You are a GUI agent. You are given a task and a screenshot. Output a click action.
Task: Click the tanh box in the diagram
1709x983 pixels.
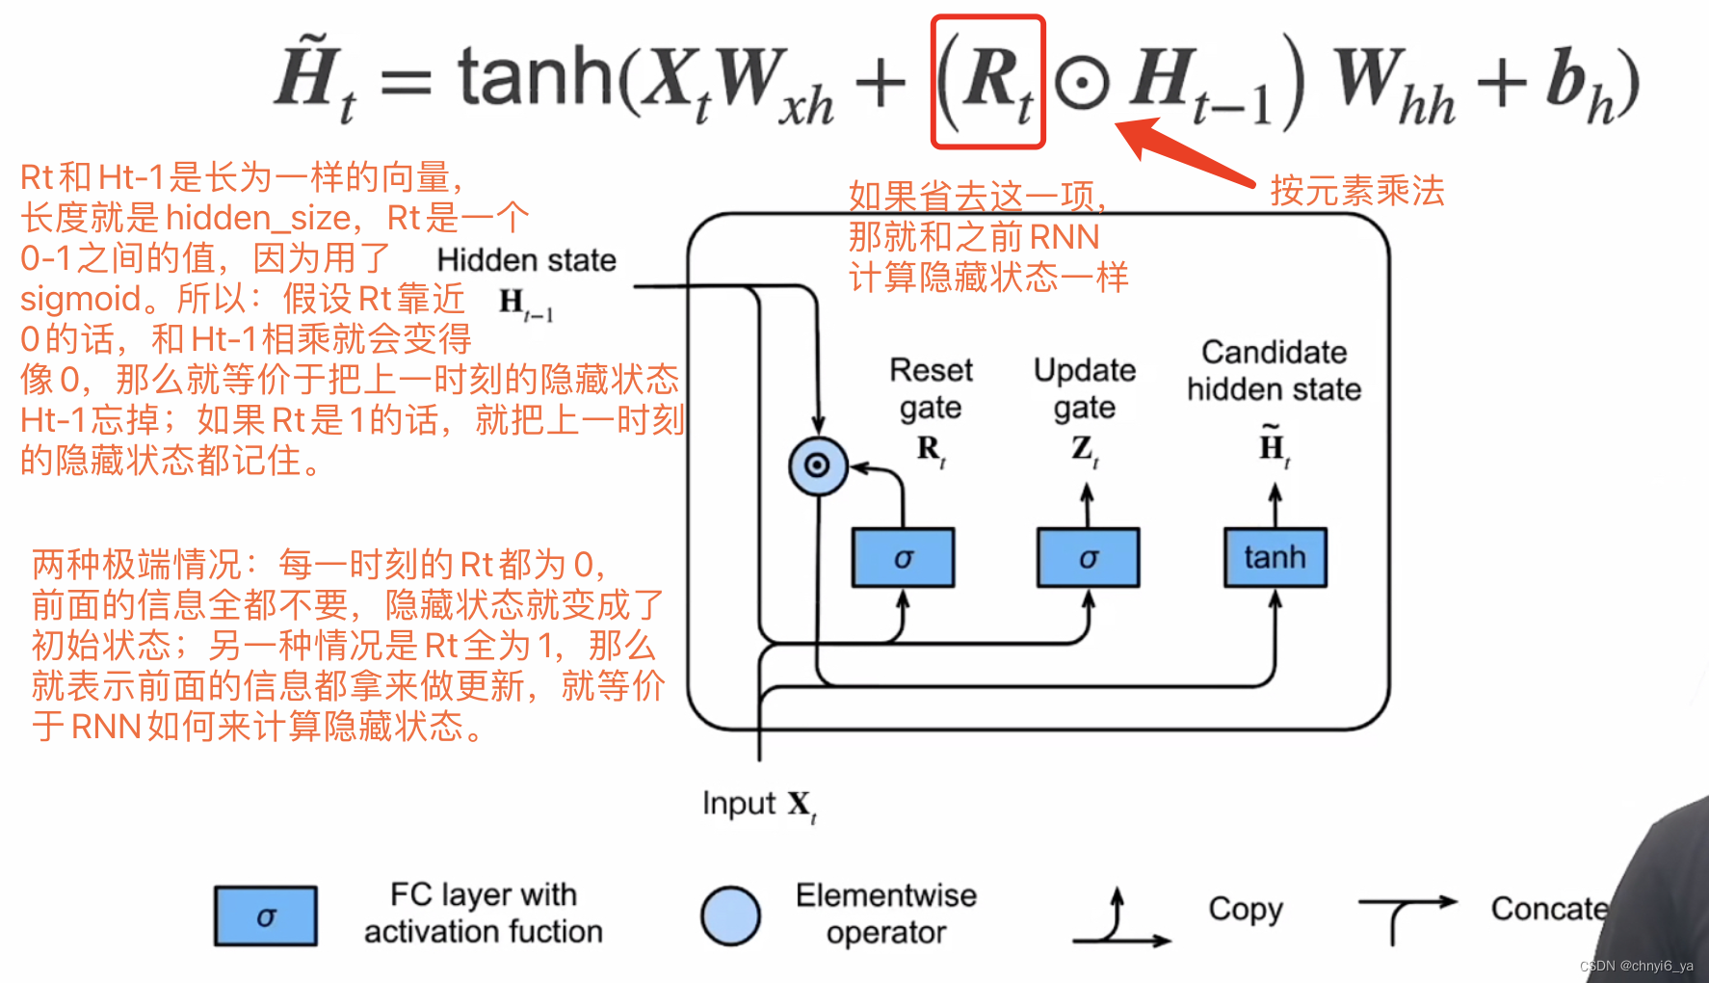click(x=1275, y=558)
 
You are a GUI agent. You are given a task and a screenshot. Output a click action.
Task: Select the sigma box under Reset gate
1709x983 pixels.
click(x=903, y=558)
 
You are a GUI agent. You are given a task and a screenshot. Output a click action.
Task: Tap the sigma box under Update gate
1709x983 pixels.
click(x=1088, y=558)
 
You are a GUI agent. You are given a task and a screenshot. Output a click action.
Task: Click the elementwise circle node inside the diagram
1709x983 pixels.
click(x=817, y=466)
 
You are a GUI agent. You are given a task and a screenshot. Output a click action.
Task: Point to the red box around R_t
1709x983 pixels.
click(x=988, y=82)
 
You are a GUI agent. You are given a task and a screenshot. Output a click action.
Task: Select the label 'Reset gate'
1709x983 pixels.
click(x=930, y=388)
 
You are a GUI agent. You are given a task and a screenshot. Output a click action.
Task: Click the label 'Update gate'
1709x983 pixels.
click(x=1085, y=388)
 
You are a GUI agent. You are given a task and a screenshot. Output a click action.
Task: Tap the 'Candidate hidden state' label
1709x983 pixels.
click(x=1274, y=371)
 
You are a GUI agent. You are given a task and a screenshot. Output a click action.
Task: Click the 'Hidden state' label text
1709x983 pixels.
click(x=526, y=260)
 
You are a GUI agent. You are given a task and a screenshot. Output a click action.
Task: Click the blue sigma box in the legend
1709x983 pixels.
click(x=266, y=917)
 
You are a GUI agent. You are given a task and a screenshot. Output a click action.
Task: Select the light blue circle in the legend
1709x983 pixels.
click(x=730, y=916)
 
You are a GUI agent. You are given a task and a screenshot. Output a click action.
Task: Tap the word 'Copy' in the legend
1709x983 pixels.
click(x=1245, y=909)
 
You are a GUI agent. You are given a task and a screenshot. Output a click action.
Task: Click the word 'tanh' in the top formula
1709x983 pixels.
click(x=536, y=77)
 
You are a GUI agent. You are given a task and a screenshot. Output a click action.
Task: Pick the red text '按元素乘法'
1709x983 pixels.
click(x=1356, y=191)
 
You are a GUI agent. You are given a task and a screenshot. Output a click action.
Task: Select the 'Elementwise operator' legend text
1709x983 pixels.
click(x=886, y=914)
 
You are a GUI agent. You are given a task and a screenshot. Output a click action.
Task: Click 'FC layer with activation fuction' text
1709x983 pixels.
click(x=483, y=914)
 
